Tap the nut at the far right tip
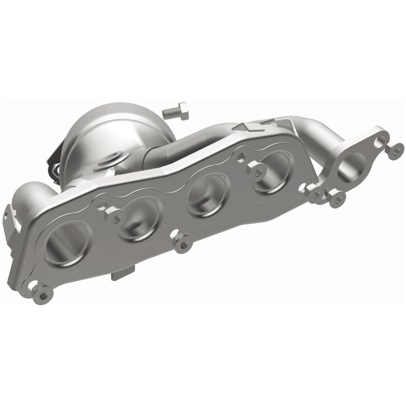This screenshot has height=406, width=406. click(393, 149)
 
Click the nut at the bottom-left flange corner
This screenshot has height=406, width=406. click(42, 292)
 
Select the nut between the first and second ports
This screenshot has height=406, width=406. click(115, 218)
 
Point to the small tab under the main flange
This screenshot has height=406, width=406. click(119, 275)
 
